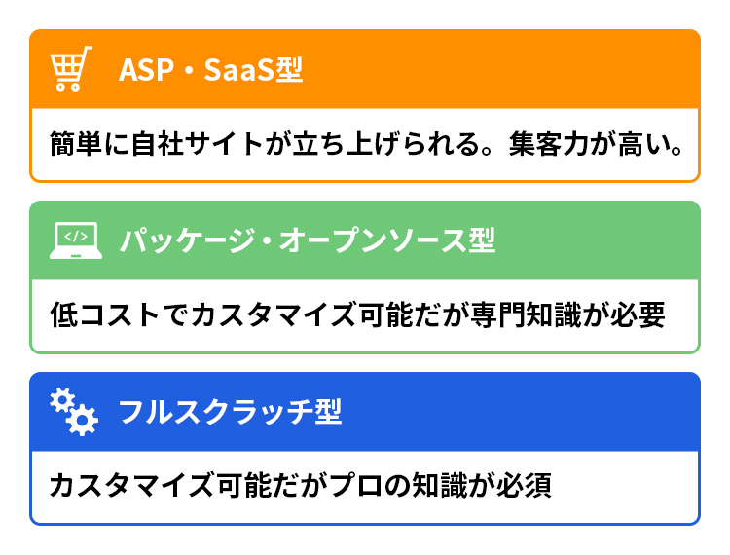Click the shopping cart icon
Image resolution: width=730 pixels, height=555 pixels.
(x=71, y=68)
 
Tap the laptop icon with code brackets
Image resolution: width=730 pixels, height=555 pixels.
(x=76, y=240)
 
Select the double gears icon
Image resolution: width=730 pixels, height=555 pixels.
(x=74, y=412)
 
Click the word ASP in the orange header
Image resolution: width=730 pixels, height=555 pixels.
(x=146, y=70)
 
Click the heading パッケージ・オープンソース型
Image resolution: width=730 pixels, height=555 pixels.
(x=308, y=240)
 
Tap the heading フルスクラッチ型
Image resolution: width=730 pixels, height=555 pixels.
(x=231, y=412)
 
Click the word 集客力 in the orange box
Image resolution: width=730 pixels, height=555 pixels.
(x=549, y=144)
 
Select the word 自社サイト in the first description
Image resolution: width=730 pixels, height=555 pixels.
(x=197, y=144)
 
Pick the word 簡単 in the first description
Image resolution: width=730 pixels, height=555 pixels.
(x=76, y=144)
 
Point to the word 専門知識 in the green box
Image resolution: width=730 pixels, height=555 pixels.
(x=526, y=314)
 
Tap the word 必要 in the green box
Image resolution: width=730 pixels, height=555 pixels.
(x=638, y=314)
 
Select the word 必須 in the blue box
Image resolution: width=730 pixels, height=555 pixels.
(x=525, y=486)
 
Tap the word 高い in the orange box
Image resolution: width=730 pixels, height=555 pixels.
(x=644, y=144)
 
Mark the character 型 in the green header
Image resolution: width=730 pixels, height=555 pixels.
(x=482, y=240)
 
